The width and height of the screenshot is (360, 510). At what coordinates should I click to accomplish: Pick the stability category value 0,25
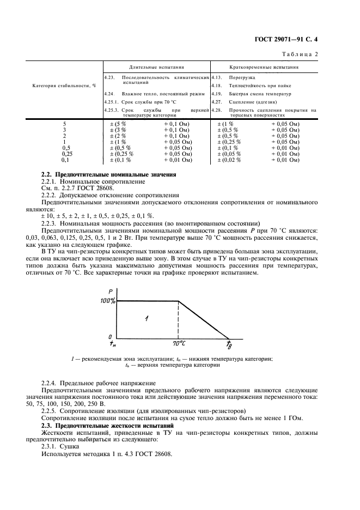(x=66, y=154)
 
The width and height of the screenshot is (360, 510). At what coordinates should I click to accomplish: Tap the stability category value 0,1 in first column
(x=65, y=160)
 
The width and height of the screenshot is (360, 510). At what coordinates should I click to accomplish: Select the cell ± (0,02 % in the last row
(x=229, y=160)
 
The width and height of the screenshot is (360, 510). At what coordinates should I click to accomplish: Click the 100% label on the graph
(x=107, y=301)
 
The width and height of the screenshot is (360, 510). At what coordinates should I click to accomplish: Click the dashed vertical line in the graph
(x=178, y=319)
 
